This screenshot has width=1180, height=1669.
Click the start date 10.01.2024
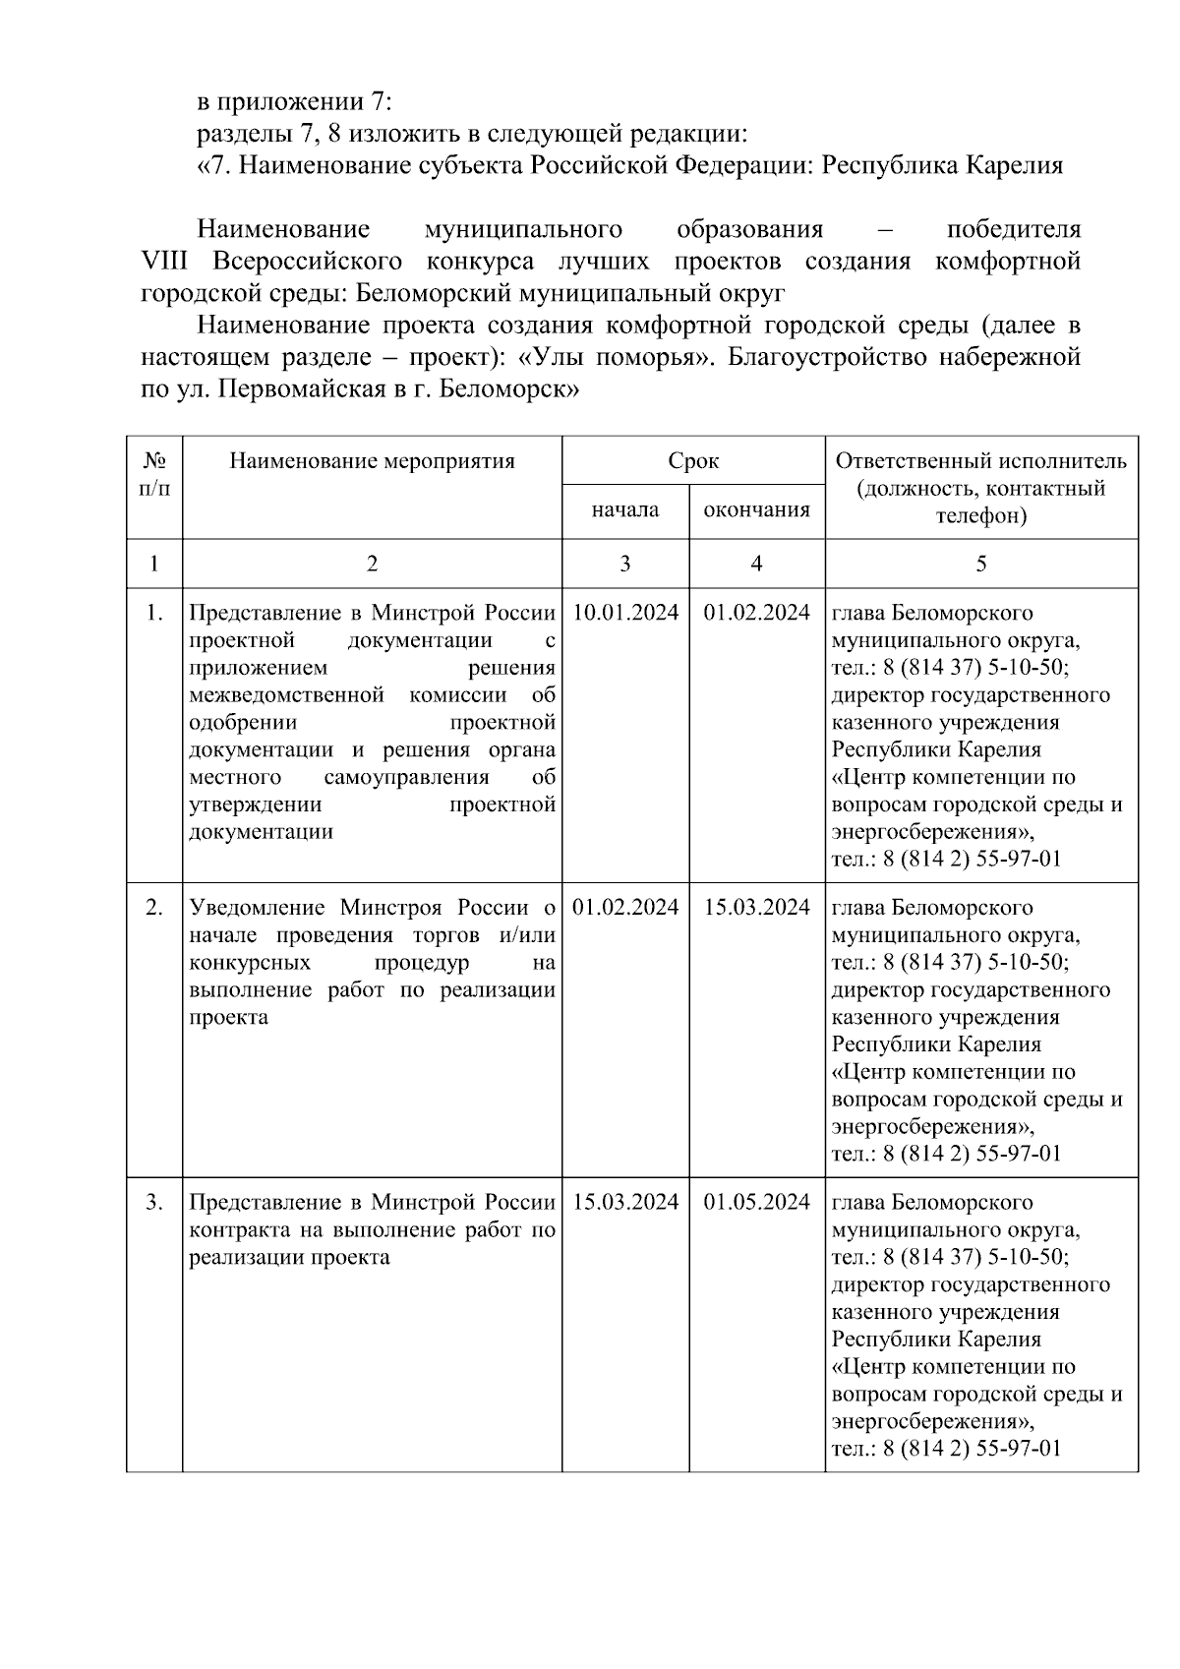pos(625,613)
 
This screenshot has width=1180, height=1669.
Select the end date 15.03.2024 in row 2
pos(756,908)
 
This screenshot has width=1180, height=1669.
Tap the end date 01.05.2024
pos(756,1203)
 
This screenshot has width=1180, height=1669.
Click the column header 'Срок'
pos(693,460)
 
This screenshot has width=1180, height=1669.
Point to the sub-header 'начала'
pos(625,509)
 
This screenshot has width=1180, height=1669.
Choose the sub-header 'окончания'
pos(756,509)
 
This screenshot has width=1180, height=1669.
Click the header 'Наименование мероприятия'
pos(372,460)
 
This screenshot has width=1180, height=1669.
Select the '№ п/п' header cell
pos(154,474)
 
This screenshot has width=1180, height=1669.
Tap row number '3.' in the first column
pos(154,1203)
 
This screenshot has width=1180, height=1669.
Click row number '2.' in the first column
pos(154,908)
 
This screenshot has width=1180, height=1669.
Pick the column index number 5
pos(980,564)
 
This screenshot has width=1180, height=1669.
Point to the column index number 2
pos(372,564)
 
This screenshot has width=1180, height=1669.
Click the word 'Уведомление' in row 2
pos(258,908)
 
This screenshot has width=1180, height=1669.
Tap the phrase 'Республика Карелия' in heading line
pos(942,165)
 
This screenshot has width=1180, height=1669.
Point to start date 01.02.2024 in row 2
pos(625,908)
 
